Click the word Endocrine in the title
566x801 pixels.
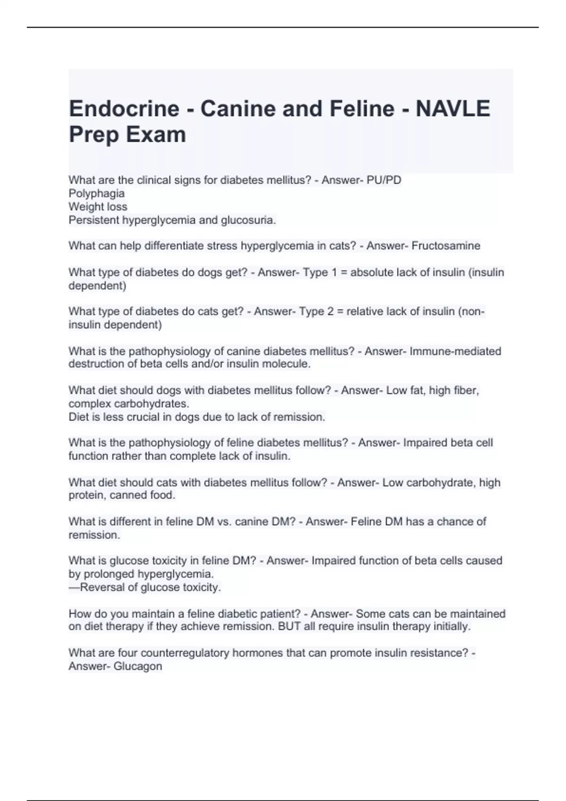tap(124, 109)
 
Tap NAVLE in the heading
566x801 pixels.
tap(452, 109)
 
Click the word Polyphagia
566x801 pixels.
tap(97, 194)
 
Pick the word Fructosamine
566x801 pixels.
tap(446, 246)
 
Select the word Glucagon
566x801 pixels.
tap(139, 666)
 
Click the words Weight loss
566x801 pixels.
tap(98, 207)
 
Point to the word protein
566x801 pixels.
tap(86, 496)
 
